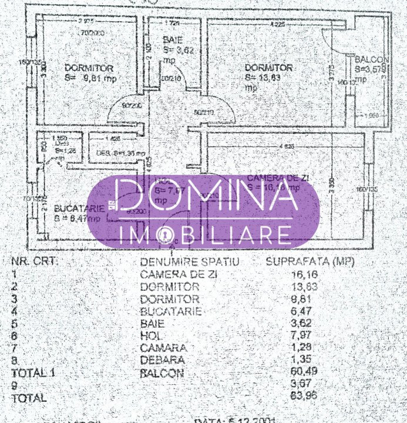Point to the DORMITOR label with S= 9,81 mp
pos(89,68)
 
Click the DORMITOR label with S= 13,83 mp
pos(268,68)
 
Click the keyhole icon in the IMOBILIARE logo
pos(167,236)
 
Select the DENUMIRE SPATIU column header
pos(190,261)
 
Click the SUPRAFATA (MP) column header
pos(311,261)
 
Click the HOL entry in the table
pos(151,335)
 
